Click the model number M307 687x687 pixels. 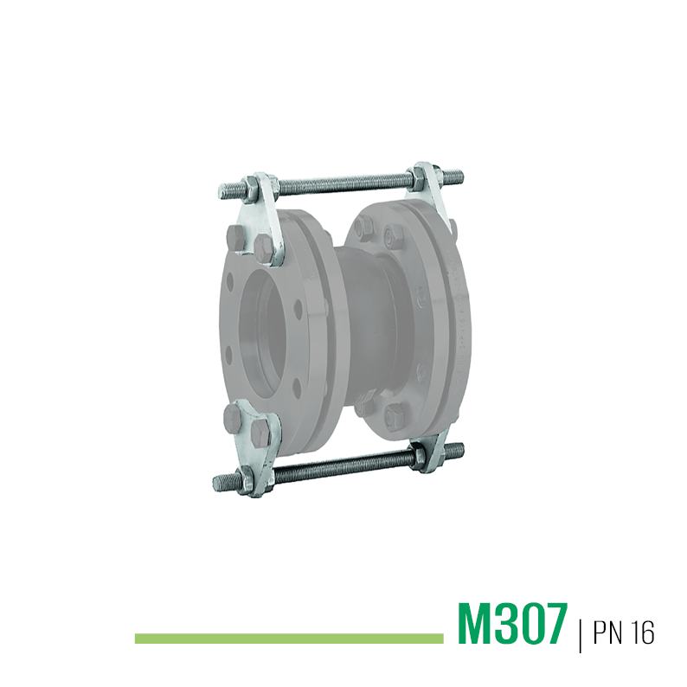pos(512,623)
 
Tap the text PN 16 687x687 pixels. pos(624,632)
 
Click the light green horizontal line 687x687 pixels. pos(289,639)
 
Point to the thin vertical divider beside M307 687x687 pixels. pos(580,634)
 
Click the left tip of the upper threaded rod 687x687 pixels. pos(220,191)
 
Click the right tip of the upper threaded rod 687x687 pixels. pos(463,177)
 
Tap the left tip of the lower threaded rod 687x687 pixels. pos(215,483)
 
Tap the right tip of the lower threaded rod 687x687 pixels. pos(463,448)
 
